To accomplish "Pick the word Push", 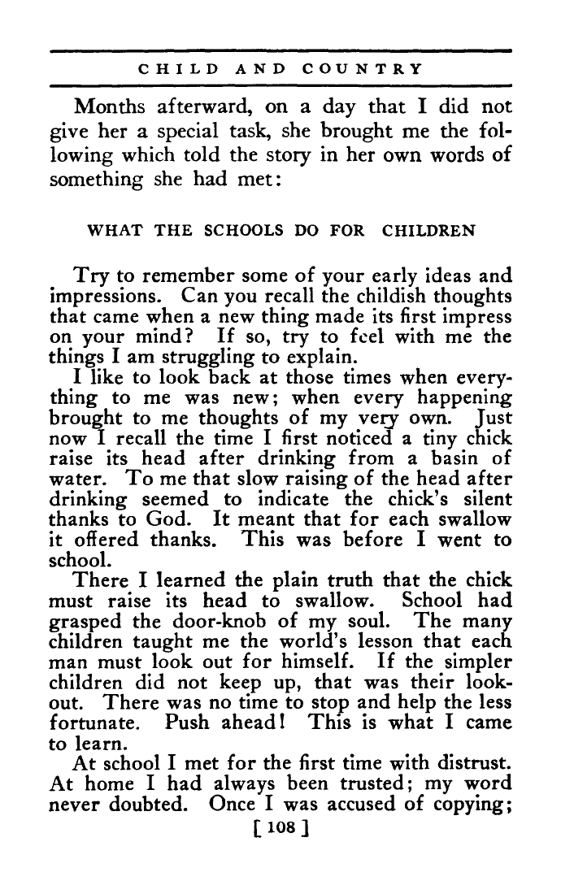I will tap(185, 722).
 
